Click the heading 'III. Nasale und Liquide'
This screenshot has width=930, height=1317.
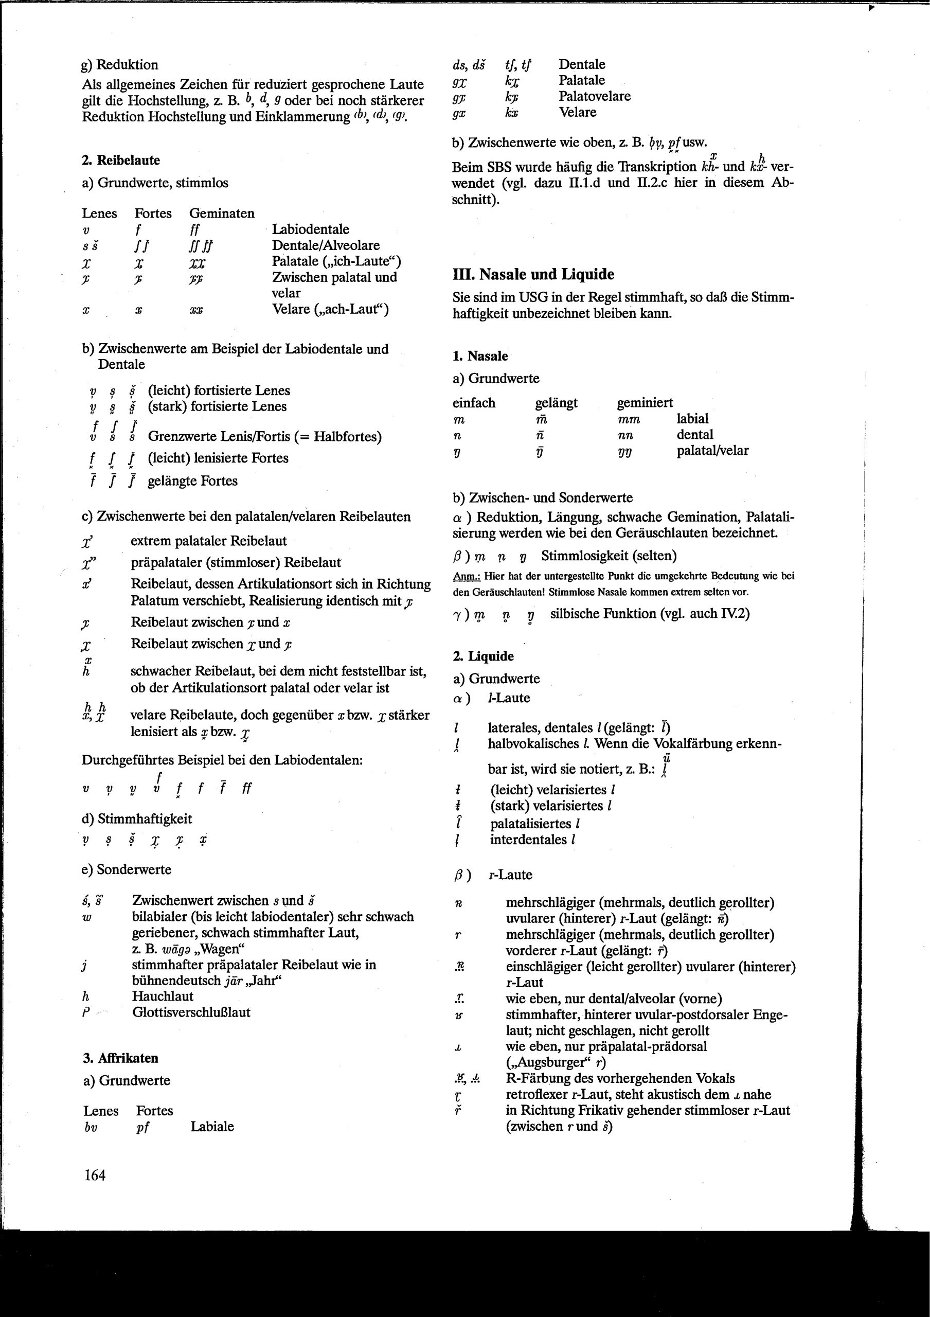[533, 274]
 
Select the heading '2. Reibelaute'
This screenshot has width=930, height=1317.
[121, 160]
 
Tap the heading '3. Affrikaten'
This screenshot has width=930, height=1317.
[120, 1058]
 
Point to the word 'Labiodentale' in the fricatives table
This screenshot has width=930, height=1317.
[310, 229]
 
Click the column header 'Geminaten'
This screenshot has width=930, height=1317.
[222, 213]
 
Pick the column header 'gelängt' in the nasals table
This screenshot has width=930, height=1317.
[556, 403]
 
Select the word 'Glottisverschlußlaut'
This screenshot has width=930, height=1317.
[191, 1012]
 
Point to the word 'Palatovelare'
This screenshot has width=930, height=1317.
[595, 96]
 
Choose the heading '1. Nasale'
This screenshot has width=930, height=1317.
[480, 355]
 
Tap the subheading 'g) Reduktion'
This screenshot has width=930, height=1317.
[120, 65]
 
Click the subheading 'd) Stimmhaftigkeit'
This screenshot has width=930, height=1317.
[136, 818]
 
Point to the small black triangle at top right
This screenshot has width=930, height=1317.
[872, 8]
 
